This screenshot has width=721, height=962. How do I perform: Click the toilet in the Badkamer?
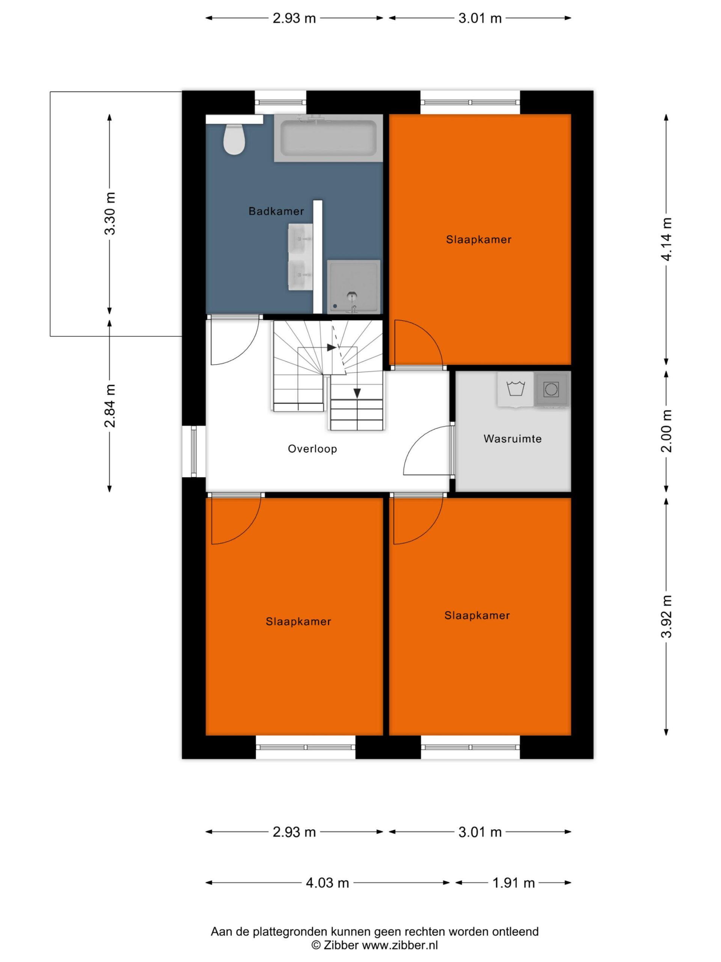(234, 139)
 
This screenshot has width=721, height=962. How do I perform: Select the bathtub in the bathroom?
(328, 138)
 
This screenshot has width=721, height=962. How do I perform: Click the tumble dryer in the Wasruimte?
(551, 389)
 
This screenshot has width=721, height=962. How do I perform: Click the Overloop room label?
(312, 449)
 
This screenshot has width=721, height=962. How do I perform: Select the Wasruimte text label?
(512, 439)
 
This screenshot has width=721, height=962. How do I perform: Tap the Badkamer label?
(276, 211)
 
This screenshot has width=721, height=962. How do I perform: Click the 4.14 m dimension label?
(666, 239)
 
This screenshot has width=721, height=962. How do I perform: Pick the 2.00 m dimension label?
(666, 431)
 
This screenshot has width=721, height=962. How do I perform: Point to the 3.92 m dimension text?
(666, 617)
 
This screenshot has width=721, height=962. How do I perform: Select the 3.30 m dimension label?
(110, 213)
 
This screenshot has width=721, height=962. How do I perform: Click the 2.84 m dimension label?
(110, 405)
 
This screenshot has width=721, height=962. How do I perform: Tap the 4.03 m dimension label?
(327, 883)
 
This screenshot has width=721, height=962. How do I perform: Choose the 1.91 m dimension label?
(513, 883)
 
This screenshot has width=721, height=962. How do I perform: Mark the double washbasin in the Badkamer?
(300, 257)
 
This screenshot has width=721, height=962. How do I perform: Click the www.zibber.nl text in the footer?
(400, 945)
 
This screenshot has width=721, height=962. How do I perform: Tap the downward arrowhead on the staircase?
(357, 393)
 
